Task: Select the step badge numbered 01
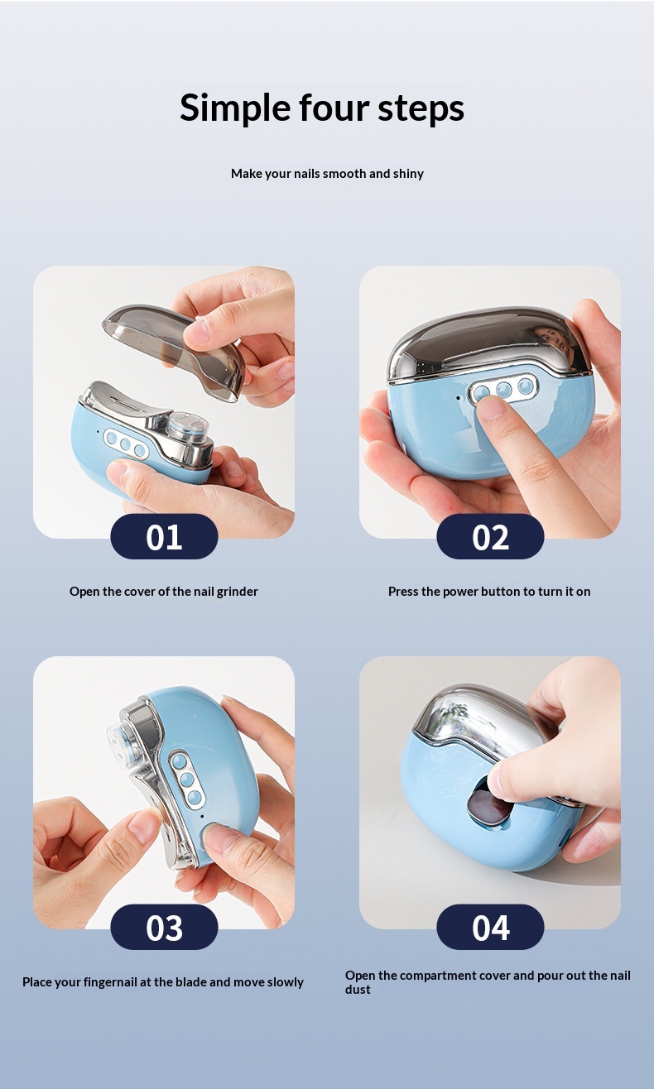(x=164, y=537)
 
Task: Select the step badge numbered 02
(x=490, y=537)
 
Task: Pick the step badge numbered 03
(x=164, y=927)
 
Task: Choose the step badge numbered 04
(x=490, y=927)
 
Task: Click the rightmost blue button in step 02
(x=525, y=386)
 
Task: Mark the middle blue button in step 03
(x=187, y=780)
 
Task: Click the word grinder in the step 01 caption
(x=238, y=592)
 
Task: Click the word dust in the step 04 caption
(x=358, y=990)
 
